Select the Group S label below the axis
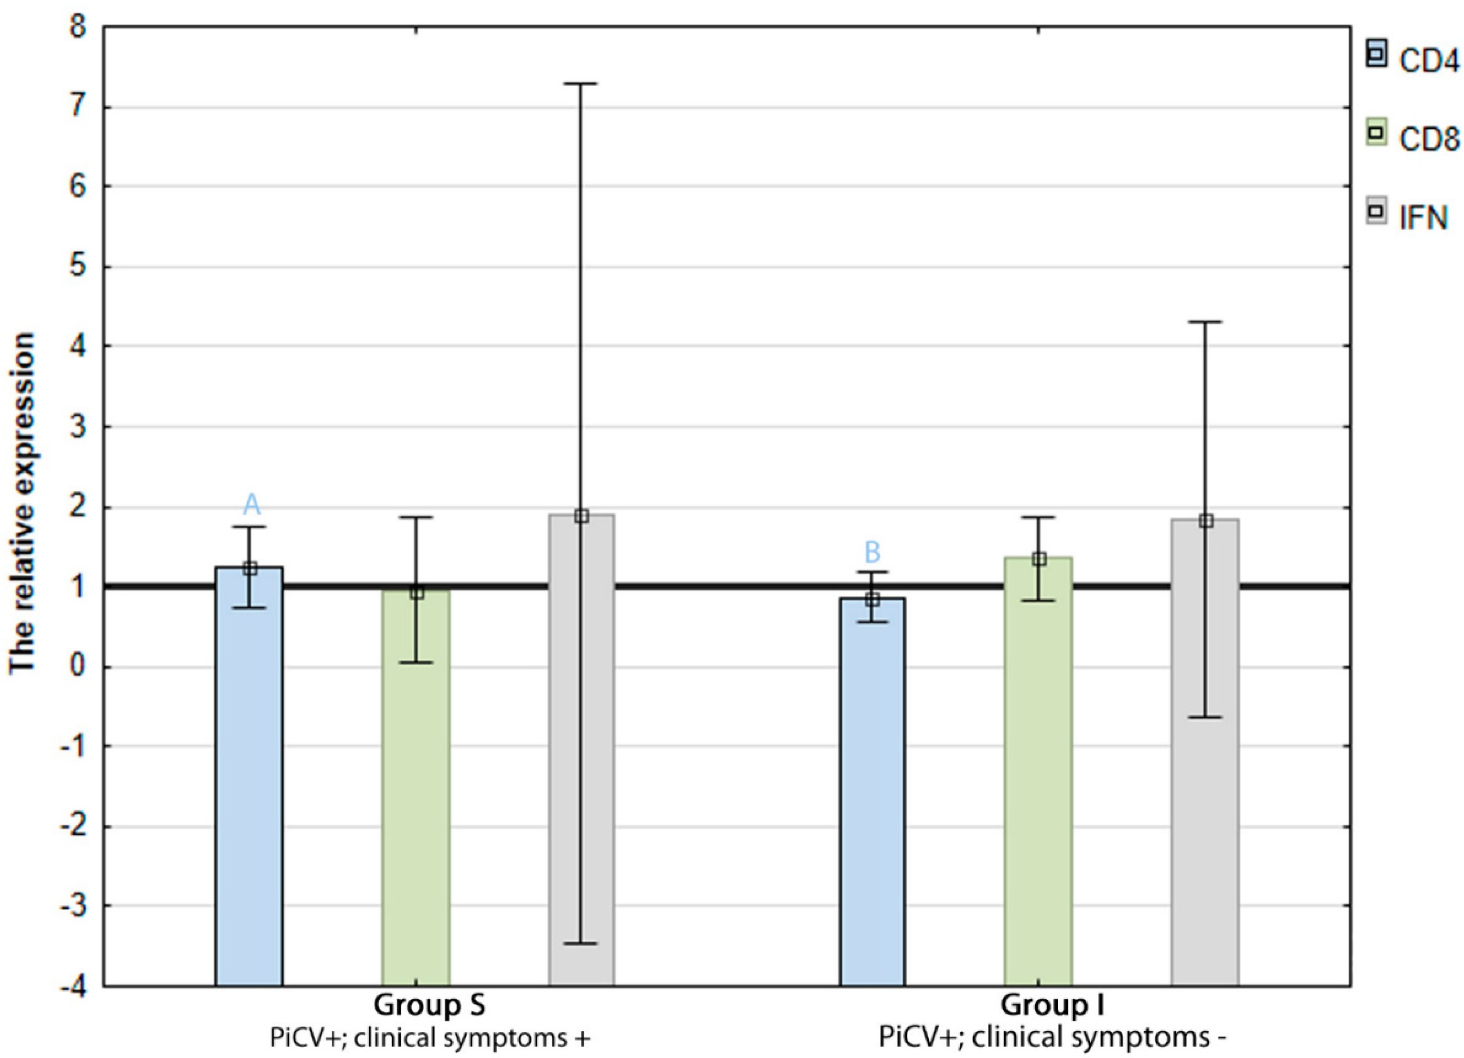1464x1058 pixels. tap(429, 1005)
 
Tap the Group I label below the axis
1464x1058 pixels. tap(1052, 1005)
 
